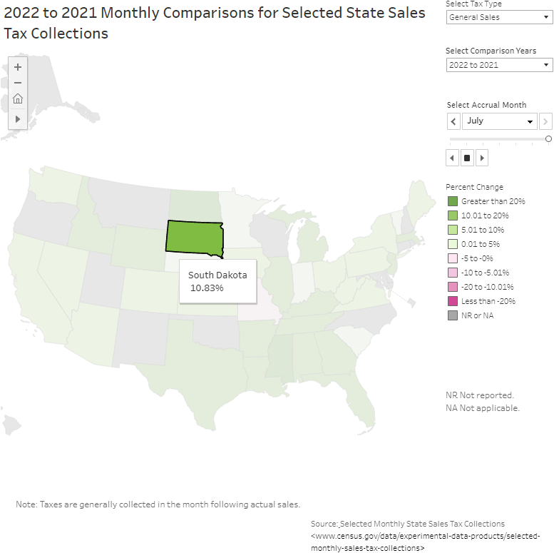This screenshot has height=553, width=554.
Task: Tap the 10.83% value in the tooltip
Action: point(207,288)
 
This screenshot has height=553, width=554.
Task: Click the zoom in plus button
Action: point(18,67)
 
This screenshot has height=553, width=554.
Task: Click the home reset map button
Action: point(18,99)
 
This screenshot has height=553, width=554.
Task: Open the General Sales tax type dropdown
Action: point(499,17)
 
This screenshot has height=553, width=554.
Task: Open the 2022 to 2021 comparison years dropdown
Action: point(499,65)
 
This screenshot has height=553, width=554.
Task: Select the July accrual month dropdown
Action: point(499,121)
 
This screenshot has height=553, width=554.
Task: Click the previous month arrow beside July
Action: point(453,121)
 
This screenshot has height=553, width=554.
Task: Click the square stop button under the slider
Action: point(467,158)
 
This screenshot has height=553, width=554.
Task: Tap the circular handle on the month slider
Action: point(548,139)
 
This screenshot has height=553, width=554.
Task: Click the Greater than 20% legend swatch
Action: point(452,201)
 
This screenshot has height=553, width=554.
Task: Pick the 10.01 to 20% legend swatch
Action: point(452,215)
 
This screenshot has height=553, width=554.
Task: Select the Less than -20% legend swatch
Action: point(452,301)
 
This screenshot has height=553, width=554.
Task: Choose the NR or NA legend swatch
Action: point(452,315)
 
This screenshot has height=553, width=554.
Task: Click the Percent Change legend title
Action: point(474,187)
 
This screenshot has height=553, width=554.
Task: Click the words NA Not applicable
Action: point(483,408)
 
